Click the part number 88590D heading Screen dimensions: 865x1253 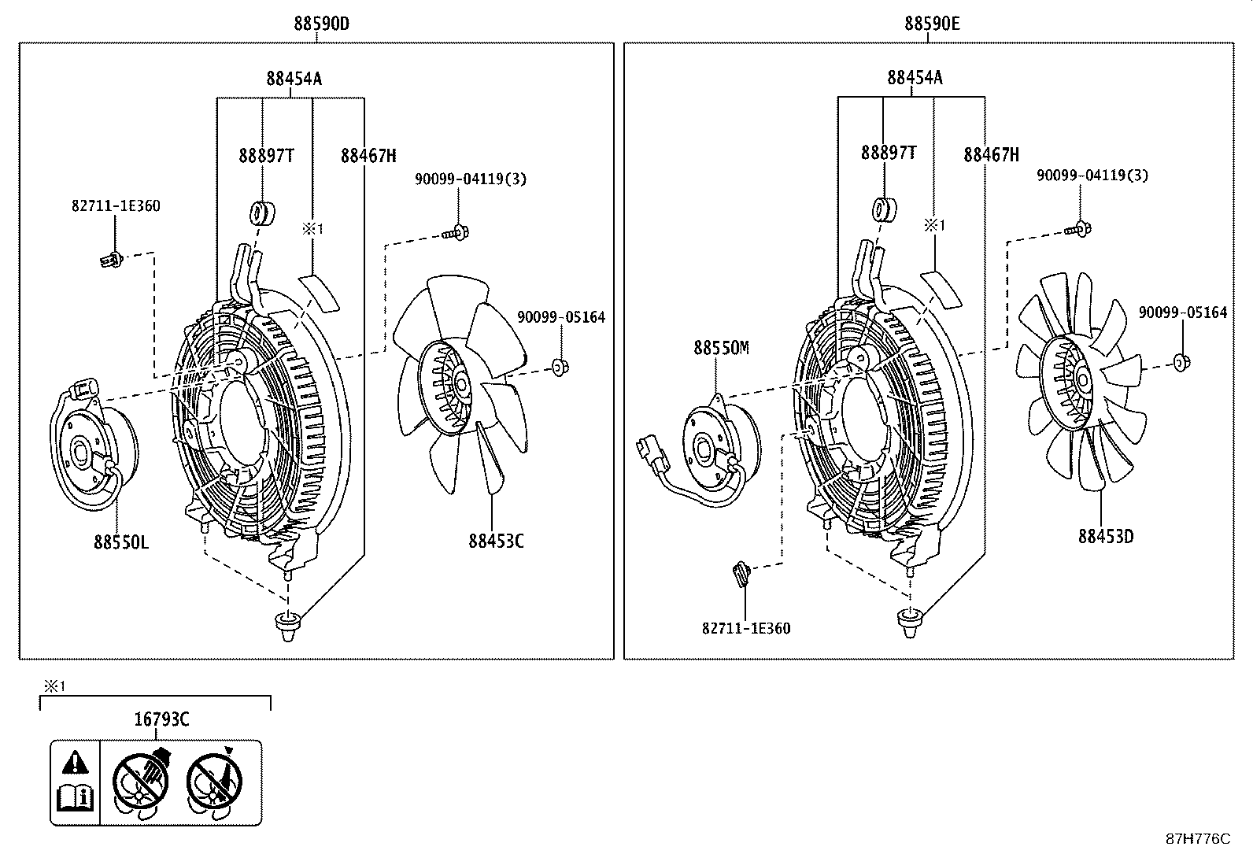pyautogui.click(x=321, y=24)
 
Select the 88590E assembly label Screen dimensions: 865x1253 pyautogui.click(x=932, y=24)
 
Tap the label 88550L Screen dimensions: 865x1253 pyautogui.click(x=121, y=542)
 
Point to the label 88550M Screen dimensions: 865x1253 pyautogui.click(x=721, y=347)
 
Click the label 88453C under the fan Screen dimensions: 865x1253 pyautogui.click(x=496, y=541)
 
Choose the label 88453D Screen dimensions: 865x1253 pyautogui.click(x=1106, y=537)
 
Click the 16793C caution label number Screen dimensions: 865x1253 pyautogui.click(x=161, y=718)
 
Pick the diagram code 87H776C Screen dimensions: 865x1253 pyautogui.click(x=1197, y=839)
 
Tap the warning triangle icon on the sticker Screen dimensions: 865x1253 pyautogui.click(x=76, y=762)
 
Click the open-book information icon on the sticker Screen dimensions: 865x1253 pyautogui.click(x=76, y=799)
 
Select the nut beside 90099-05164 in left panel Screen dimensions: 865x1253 pyautogui.click(x=560, y=366)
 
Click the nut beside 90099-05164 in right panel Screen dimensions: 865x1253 pyautogui.click(x=1181, y=362)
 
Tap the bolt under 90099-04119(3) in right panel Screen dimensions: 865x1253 pyautogui.click(x=1078, y=230)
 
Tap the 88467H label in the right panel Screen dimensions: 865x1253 pyautogui.click(x=991, y=155)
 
